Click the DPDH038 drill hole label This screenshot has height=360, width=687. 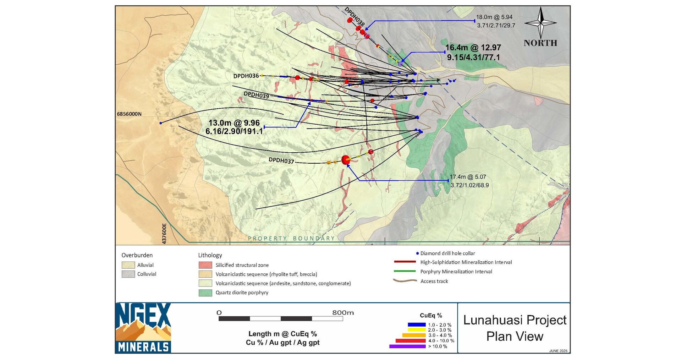tap(355, 16)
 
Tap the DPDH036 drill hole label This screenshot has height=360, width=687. tap(246, 76)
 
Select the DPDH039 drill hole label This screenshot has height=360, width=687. tap(256, 95)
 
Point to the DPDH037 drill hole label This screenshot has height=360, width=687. tap(281, 160)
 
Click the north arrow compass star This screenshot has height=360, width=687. tap(540, 23)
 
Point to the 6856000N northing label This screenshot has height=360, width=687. tap(129, 114)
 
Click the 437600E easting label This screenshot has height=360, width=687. tap(164, 233)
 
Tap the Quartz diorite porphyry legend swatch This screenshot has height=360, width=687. tap(205, 293)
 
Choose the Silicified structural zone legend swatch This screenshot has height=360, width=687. tap(205, 265)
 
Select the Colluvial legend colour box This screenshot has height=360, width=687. tap(128, 274)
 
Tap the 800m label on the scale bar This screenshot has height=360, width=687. tap(343, 313)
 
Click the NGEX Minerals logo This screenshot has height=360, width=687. tap(143, 328)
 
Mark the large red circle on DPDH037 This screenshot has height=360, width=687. tap(345, 160)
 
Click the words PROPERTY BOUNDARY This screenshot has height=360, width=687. tap(291, 239)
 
